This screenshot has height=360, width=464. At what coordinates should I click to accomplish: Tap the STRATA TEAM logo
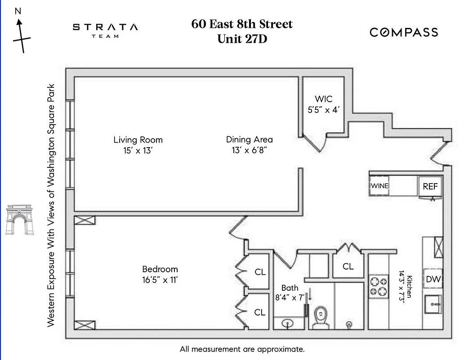click(105, 30)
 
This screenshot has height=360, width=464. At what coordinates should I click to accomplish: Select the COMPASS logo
click(403, 32)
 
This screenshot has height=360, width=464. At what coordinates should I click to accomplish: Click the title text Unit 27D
click(242, 39)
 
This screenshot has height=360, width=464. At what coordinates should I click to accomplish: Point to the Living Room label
click(138, 139)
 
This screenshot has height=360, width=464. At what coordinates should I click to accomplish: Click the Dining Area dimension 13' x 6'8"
click(249, 150)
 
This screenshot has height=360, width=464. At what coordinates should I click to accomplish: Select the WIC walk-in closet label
click(323, 99)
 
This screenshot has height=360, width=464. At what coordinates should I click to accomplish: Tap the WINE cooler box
click(379, 186)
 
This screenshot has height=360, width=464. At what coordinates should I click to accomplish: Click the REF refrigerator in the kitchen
click(430, 186)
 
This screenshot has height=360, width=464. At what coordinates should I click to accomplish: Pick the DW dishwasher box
click(433, 279)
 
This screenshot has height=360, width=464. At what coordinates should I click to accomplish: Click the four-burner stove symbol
click(378, 286)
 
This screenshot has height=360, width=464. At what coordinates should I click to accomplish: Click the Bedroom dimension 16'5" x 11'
click(160, 279)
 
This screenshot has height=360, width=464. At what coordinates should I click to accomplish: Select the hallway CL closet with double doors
click(348, 266)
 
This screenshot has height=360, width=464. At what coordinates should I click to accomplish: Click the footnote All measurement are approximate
click(242, 349)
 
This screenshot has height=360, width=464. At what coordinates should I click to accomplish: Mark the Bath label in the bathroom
click(290, 288)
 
